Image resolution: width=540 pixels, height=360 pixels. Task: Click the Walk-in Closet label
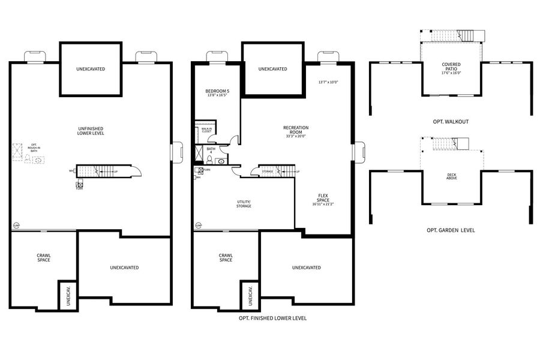206,130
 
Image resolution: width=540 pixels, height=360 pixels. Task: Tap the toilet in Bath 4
210,160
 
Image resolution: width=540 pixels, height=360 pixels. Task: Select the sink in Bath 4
221,161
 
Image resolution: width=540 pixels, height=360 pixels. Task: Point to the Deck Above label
451,177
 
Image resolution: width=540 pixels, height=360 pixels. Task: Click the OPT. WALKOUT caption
451,122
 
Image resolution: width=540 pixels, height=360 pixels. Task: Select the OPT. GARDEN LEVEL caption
451,230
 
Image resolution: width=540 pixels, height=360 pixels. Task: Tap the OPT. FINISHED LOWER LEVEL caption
272,318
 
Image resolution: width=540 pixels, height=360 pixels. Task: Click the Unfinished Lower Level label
91,131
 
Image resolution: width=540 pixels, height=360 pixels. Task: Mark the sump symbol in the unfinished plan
16,226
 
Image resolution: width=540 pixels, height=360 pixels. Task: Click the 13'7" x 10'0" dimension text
328,82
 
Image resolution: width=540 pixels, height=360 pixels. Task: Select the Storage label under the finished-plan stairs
268,172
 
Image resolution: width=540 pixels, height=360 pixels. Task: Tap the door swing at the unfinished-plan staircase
136,172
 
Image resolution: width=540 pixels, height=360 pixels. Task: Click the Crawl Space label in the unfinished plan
43,257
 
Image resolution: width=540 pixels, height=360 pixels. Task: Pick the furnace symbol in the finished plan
199,170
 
